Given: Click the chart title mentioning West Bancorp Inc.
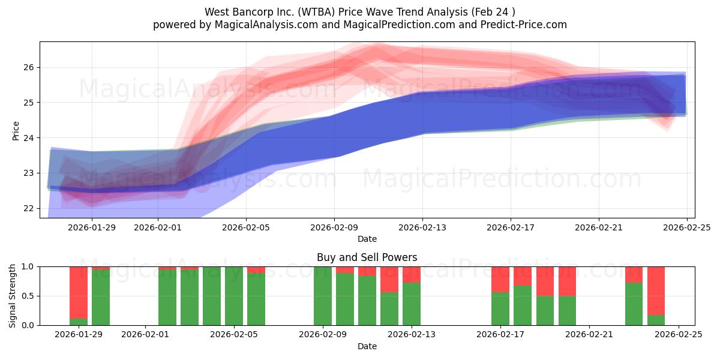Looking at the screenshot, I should (x=359, y=11).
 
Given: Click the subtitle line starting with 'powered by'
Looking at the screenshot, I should (x=359, y=25).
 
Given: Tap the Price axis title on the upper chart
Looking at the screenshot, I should (x=16, y=130).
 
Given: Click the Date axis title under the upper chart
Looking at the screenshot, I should (x=367, y=239).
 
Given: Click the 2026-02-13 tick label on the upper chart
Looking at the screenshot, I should (x=422, y=227).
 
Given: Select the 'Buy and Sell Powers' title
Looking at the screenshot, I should (x=367, y=257).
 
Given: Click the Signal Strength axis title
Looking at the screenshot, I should (x=13, y=296).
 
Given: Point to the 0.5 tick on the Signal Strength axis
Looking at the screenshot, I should (x=28, y=296).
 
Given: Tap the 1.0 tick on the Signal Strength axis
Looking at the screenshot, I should (x=28, y=267).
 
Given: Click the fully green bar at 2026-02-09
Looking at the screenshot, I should (x=323, y=296).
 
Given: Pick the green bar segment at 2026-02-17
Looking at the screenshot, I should (x=500, y=308).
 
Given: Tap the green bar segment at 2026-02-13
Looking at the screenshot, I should (x=412, y=304).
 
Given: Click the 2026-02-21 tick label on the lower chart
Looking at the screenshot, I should (x=589, y=334).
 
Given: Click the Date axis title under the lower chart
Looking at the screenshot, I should (x=367, y=346).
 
